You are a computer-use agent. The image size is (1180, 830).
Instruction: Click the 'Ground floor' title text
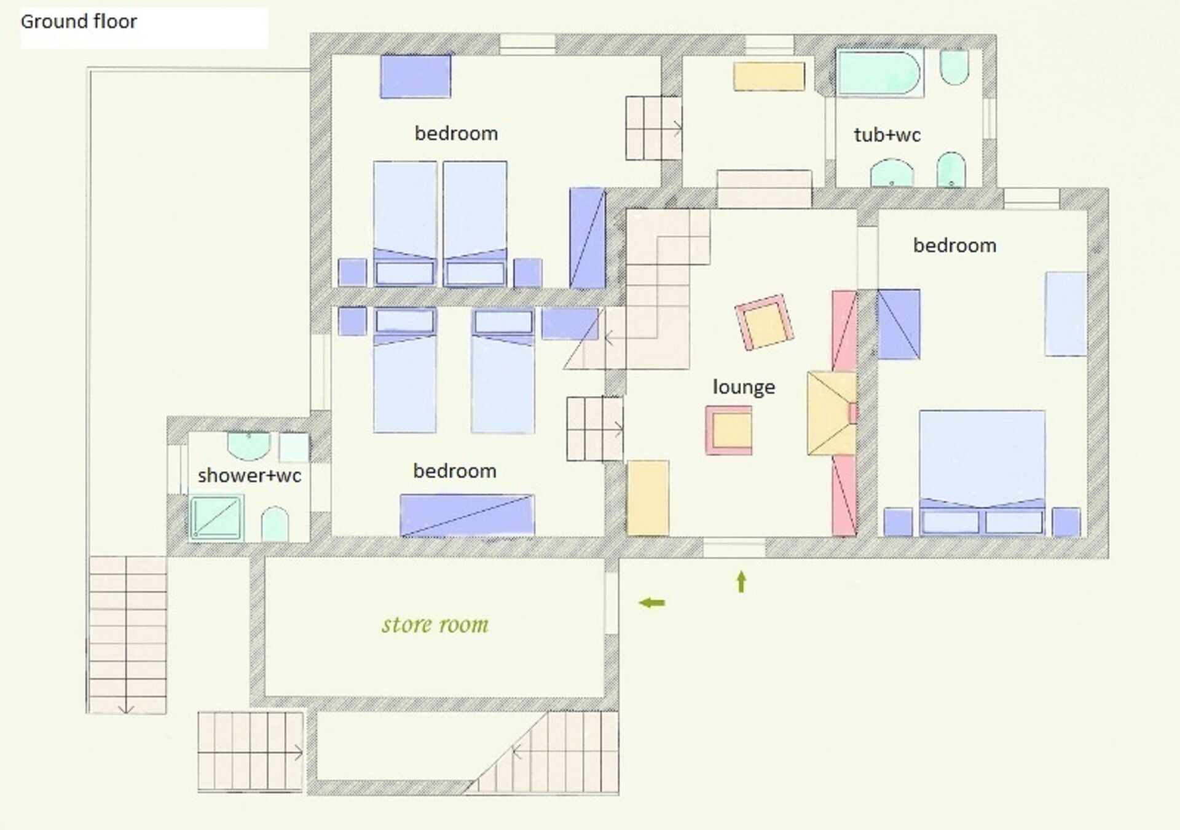pyautogui.click(x=79, y=22)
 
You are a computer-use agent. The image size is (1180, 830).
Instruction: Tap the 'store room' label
pyautogui.click(x=435, y=625)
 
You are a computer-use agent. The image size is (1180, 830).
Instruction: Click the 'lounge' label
pyautogui.click(x=744, y=387)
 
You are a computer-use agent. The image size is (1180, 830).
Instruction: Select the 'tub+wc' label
pyautogui.click(x=887, y=135)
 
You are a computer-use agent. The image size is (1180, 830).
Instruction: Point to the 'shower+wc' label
pyautogui.click(x=249, y=475)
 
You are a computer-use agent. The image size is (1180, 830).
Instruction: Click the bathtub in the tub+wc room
pyautogui.click(x=879, y=73)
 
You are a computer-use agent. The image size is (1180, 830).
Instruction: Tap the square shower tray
pyautogui.click(x=216, y=518)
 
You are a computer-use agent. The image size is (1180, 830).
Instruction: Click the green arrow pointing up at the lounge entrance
pyautogui.click(x=741, y=582)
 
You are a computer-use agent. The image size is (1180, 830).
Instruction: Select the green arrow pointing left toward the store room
pyautogui.click(x=652, y=603)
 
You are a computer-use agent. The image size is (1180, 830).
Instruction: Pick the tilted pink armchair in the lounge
pyautogui.click(x=764, y=322)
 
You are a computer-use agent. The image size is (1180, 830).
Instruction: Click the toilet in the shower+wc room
pyautogui.click(x=275, y=524)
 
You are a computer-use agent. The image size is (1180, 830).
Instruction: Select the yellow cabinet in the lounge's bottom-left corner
pyautogui.click(x=648, y=497)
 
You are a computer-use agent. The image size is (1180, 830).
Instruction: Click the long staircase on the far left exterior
pyautogui.click(x=127, y=635)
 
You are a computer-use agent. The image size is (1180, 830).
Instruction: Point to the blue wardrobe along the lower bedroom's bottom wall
pyautogui.click(x=467, y=515)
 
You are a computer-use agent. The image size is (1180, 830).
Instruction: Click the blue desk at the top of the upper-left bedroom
pyautogui.click(x=415, y=76)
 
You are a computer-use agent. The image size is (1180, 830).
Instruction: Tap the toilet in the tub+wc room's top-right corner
pyautogui.click(x=954, y=66)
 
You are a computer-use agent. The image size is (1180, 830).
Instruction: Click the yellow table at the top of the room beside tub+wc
pyautogui.click(x=769, y=76)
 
